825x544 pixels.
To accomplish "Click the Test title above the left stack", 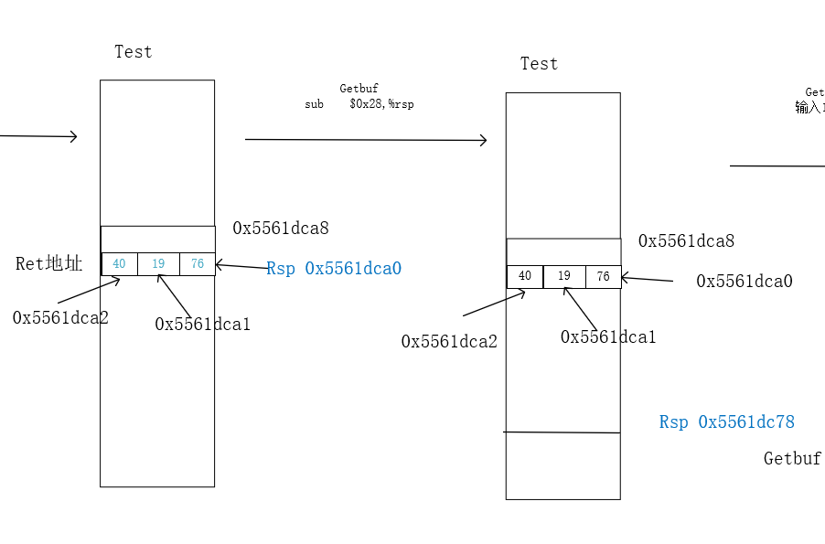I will coord(134,52).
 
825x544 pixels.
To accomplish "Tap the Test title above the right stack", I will coord(539,64).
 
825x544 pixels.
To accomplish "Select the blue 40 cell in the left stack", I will coord(119,264).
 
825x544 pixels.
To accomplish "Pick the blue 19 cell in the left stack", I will coord(158,264).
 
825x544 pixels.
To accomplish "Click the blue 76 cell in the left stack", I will coord(198,264).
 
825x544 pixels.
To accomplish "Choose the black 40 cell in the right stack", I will coord(525,276).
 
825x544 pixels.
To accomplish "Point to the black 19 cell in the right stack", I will coord(564,276).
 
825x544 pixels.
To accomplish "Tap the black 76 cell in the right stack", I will coord(603,276).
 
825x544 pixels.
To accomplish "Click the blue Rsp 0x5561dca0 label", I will coord(334,269).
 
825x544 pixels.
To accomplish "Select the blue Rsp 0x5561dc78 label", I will coord(727,422).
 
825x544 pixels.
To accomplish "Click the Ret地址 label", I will coord(49,264).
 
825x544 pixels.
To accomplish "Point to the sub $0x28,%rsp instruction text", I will coord(359,104).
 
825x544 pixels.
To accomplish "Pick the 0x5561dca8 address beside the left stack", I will coord(281,228).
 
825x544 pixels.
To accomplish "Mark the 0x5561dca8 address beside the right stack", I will coord(686,241).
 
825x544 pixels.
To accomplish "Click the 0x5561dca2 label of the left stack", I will coord(60,317).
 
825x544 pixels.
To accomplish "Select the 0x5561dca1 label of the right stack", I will coord(608,337).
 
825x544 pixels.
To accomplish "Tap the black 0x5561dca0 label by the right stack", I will coord(744,282).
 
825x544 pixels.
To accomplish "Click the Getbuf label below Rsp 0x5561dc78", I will coord(792,459).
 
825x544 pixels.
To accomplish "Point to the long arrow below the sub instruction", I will coord(366,140).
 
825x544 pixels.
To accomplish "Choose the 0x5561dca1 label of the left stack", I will coord(202,324).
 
